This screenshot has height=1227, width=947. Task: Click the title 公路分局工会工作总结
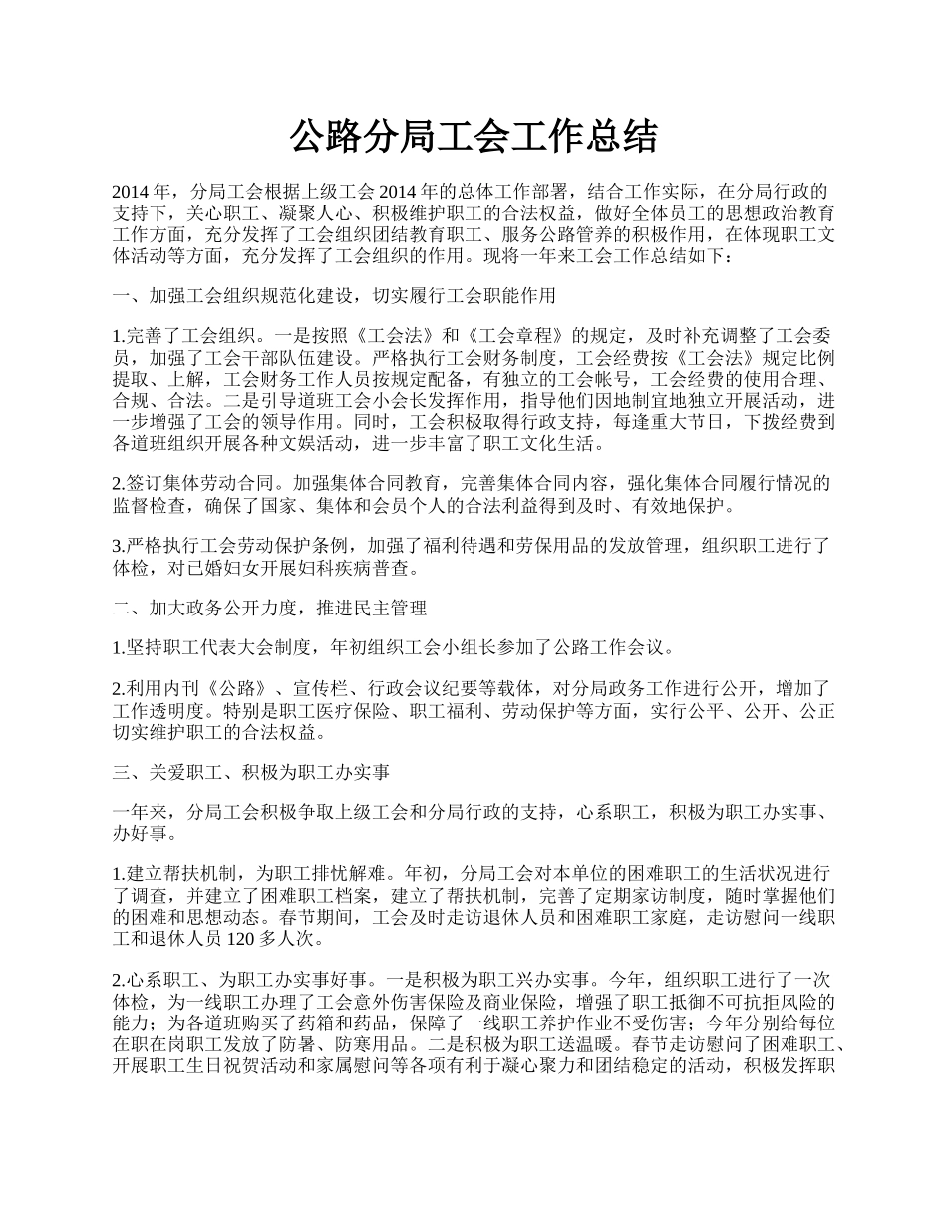(x=473, y=138)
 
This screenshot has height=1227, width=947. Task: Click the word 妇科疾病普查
(x=366, y=569)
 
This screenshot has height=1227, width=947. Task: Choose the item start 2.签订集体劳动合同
(x=190, y=484)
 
